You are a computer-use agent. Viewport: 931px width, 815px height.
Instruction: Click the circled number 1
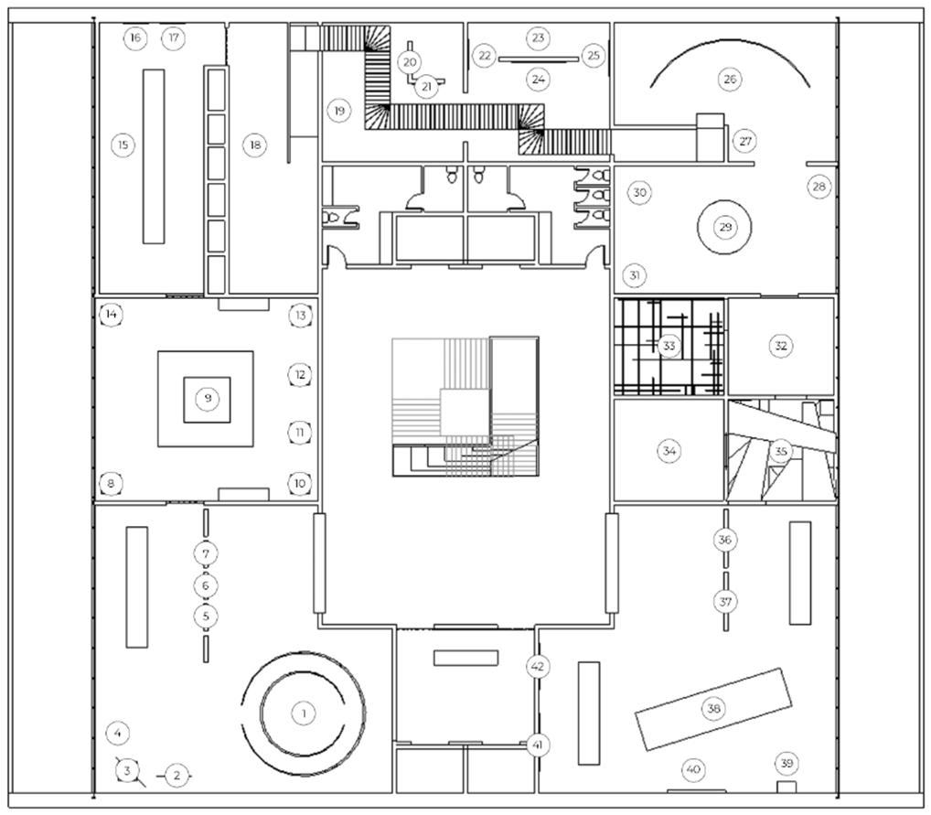(x=304, y=713)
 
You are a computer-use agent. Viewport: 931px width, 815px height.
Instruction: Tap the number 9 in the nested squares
(x=208, y=398)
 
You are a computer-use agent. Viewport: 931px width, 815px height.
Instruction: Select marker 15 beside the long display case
(x=123, y=145)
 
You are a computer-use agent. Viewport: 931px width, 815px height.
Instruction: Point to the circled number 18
(x=255, y=145)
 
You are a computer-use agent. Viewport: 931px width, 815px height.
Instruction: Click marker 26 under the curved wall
(x=730, y=79)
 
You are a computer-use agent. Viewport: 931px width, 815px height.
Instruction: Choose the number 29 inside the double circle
(x=725, y=227)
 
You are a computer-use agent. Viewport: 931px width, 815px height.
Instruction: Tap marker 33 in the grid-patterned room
(x=669, y=346)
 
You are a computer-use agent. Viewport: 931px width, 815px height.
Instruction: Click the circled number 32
(x=781, y=346)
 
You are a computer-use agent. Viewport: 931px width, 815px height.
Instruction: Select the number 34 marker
(x=669, y=451)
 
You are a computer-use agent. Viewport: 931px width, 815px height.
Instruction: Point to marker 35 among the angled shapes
(x=781, y=452)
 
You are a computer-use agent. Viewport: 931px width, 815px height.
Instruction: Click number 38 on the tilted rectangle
(x=713, y=708)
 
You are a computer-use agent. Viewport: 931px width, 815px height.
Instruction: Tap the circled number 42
(x=538, y=667)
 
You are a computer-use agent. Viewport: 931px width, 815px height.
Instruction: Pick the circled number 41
(x=538, y=745)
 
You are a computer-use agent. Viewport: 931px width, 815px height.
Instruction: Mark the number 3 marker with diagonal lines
(x=126, y=771)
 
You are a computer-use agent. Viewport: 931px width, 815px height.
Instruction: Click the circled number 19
(x=339, y=111)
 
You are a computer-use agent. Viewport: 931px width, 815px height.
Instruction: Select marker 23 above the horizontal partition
(x=538, y=38)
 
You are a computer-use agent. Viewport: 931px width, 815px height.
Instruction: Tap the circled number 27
(x=745, y=142)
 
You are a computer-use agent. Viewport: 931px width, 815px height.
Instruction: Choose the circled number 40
(x=693, y=769)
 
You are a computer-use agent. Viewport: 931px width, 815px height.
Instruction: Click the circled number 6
(x=206, y=585)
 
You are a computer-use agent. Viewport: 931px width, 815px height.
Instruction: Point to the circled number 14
(x=111, y=315)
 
